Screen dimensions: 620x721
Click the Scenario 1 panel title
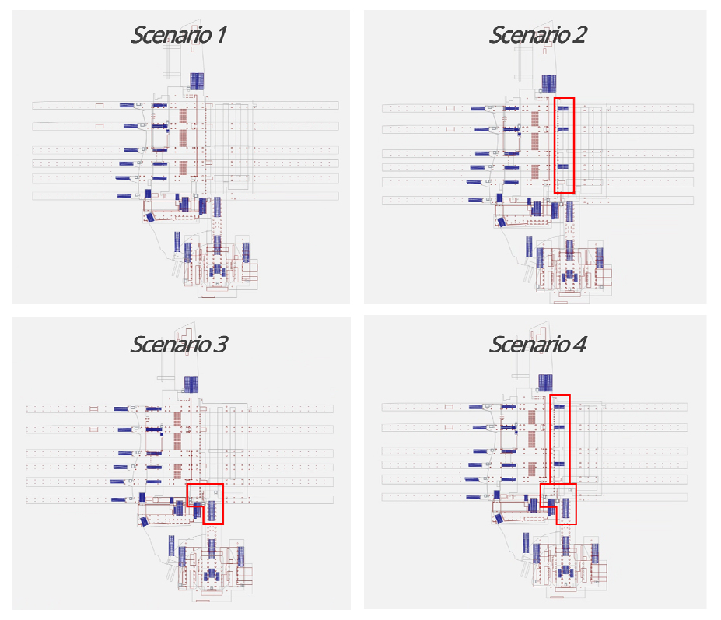(178, 34)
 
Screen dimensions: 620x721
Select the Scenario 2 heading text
(537, 34)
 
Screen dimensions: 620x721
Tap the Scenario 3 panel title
(178, 344)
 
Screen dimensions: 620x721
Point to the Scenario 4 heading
(537, 344)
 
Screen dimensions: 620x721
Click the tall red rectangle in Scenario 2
(564, 145)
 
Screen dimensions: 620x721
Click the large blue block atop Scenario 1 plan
(197, 80)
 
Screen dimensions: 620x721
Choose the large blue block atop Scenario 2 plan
(549, 83)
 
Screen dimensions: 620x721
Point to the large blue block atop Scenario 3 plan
(191, 384)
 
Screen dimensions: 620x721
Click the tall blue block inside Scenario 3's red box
(212, 510)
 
